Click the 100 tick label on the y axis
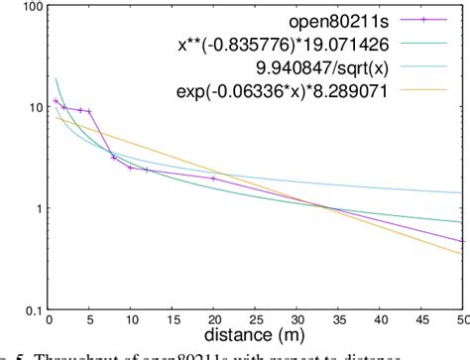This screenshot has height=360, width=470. pos(29,7)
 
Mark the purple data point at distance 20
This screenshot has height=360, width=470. pos(214,179)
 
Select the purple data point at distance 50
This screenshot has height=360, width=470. pos(463,240)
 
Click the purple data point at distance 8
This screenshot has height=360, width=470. pos(114,158)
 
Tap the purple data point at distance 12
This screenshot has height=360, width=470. pos(148,171)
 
